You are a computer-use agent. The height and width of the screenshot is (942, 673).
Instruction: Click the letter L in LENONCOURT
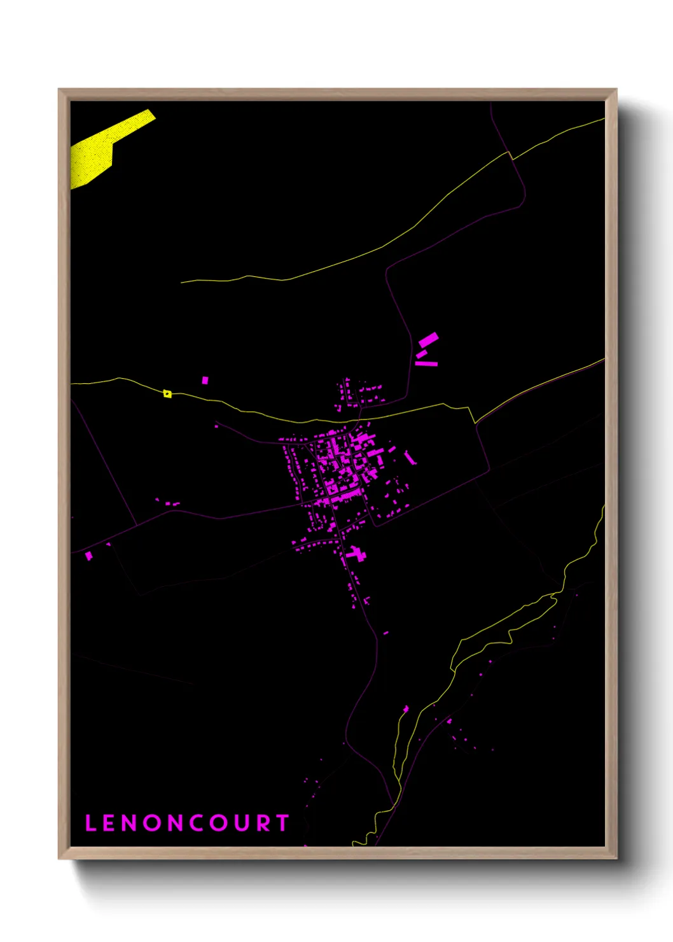coord(90,823)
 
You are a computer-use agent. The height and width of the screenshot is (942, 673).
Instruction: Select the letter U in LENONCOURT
coord(240,823)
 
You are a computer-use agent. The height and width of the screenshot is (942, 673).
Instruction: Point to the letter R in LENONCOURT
coord(263,823)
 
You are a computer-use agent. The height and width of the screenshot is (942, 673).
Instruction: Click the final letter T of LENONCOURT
coord(282,823)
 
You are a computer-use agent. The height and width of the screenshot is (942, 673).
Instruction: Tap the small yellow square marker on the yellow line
coord(167,394)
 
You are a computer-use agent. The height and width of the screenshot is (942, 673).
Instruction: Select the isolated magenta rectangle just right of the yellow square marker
coord(205,381)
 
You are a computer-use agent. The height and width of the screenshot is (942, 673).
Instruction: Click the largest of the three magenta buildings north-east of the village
coord(428,339)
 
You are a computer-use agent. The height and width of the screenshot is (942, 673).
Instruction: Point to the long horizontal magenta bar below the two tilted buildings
coord(426,363)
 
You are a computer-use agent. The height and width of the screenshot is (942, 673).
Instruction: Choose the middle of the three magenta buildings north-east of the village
coord(422,353)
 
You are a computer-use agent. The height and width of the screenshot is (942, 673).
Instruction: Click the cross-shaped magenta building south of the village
coord(356,553)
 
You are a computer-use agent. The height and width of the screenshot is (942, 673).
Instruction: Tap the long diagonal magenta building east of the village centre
coord(410,458)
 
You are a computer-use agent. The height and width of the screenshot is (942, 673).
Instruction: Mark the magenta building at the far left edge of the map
coord(88,556)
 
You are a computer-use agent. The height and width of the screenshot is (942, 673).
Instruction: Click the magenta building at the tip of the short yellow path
coord(406,708)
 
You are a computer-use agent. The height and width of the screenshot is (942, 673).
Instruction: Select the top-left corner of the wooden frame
coord(59,90)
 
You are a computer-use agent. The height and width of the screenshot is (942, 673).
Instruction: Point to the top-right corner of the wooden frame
coord(616,90)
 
